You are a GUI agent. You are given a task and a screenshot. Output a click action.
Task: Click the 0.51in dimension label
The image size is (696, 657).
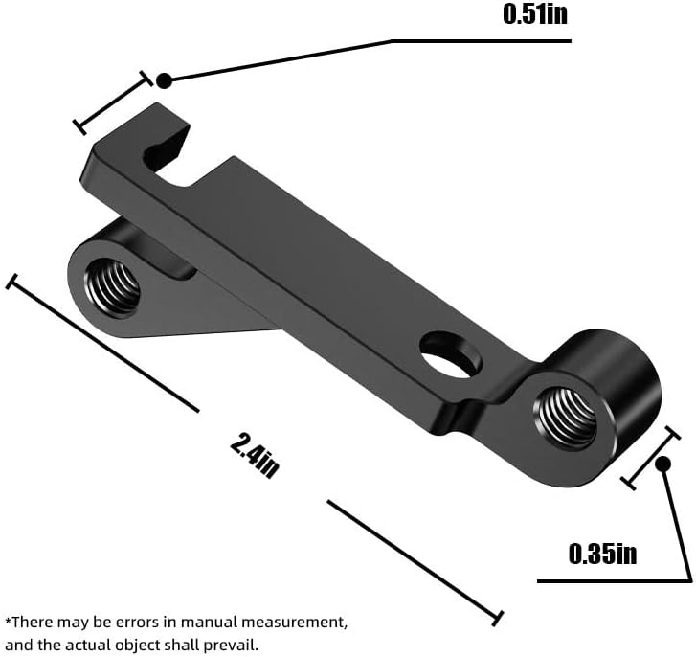[535, 13]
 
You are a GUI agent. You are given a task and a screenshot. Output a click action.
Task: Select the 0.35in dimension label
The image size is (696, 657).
[602, 554]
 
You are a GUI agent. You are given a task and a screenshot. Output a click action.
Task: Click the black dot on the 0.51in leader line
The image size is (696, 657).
[164, 80]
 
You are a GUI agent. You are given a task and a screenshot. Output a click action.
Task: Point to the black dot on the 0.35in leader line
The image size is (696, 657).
[662, 464]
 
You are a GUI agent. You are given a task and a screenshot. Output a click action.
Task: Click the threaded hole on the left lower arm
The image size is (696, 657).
[112, 287]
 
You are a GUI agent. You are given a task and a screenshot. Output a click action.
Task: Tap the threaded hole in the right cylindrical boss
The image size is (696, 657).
[567, 419]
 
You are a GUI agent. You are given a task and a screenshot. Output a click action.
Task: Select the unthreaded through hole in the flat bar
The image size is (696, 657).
[451, 355]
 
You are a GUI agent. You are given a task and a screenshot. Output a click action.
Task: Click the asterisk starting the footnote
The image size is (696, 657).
[8, 620]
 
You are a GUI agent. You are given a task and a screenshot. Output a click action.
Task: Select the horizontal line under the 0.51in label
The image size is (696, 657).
[481, 41]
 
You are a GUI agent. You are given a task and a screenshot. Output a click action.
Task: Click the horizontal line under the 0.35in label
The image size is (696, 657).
[615, 581]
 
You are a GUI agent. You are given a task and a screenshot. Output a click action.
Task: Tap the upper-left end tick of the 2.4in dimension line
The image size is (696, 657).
[12, 282]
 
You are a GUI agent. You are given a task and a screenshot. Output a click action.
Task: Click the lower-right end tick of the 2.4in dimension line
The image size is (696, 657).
[498, 619]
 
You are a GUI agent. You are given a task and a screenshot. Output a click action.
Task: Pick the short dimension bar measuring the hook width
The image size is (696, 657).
[113, 102]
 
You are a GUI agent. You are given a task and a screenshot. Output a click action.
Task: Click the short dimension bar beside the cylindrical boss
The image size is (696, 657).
[650, 458]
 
